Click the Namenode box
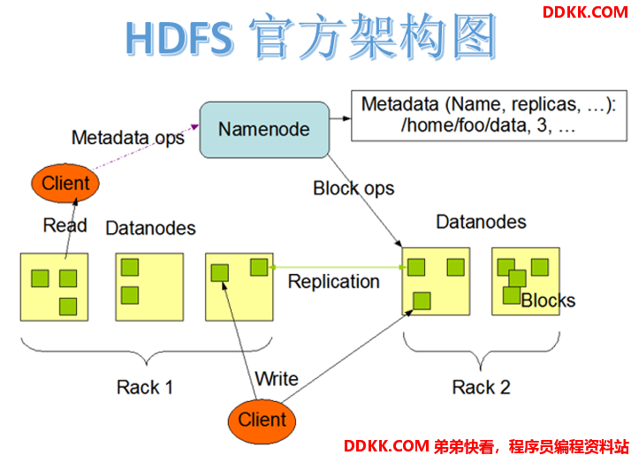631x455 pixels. point(264,130)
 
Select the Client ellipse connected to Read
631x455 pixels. point(65,183)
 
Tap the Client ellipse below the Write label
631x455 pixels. point(262,421)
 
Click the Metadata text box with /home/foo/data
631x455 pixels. point(489,116)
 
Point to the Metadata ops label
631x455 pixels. point(128,138)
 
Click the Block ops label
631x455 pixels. point(354,189)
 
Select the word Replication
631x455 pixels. point(333,282)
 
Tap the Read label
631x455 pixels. point(65,225)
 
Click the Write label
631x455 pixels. point(277,378)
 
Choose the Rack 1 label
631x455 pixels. point(145,388)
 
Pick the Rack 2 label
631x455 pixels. point(482,388)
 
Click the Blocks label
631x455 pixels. point(548,300)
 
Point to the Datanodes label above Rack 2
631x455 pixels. point(482,222)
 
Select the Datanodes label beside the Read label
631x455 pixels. point(150,229)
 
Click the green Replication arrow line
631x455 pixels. point(338,267)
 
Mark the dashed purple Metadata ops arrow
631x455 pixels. point(146,147)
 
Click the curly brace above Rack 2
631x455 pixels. point(482,351)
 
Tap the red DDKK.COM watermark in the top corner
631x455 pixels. point(585,12)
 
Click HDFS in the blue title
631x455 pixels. point(179,39)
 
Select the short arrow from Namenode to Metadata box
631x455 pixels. point(340,118)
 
